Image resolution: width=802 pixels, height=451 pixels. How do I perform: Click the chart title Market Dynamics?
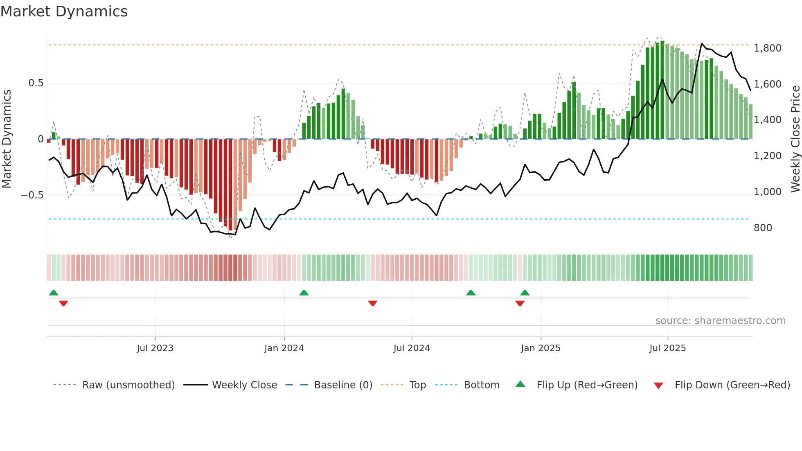click(x=64, y=11)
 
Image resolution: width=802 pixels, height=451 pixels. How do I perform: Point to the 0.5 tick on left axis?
click(x=36, y=83)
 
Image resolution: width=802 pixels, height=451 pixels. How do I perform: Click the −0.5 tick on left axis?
click(x=32, y=195)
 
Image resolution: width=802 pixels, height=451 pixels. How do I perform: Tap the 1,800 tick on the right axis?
click(x=767, y=48)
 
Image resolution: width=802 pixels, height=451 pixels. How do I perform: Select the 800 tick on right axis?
click(x=763, y=228)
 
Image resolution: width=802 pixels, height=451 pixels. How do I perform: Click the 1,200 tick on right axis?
click(x=767, y=156)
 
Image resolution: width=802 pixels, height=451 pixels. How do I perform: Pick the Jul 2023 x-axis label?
click(x=155, y=348)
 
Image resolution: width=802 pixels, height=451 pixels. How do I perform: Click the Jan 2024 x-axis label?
click(x=284, y=348)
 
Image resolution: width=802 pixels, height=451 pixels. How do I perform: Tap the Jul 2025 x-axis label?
click(x=667, y=348)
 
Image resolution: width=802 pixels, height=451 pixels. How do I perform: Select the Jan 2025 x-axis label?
click(x=541, y=348)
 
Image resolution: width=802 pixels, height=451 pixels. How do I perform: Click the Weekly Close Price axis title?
click(x=795, y=139)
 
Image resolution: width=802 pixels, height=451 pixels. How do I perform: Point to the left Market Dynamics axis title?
click(x=7, y=139)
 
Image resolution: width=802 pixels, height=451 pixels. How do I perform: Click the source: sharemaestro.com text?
click(x=720, y=321)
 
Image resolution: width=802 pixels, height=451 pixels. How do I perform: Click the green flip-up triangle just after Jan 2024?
click(x=304, y=293)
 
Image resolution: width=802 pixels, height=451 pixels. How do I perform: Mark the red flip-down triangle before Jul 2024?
click(x=372, y=303)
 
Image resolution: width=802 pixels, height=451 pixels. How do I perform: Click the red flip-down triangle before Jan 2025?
click(x=520, y=303)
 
